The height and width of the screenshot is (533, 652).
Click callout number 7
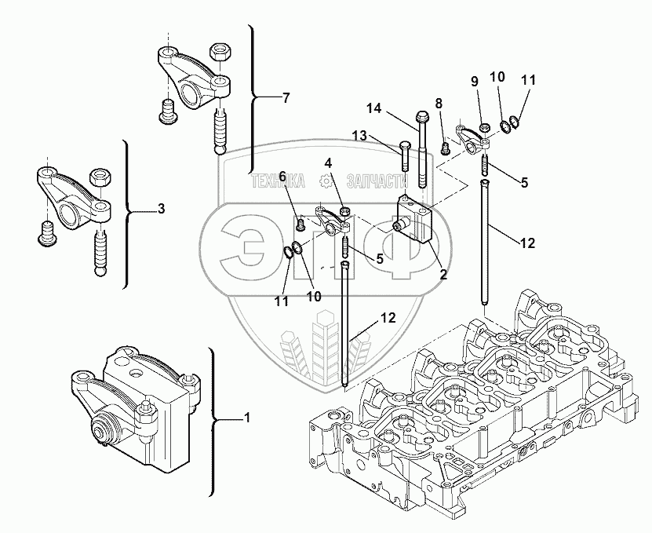286,98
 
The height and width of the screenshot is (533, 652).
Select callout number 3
161,209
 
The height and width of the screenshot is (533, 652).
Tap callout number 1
247,418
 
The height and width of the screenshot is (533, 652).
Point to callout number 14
373,108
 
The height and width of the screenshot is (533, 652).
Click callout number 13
360,136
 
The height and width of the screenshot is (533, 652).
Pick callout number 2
443,275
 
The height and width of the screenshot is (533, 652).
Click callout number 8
439,103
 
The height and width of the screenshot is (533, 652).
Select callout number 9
474,81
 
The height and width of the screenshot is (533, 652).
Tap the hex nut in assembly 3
100,177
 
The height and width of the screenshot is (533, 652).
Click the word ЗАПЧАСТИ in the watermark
369,181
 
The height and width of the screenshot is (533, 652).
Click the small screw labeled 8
445,145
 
